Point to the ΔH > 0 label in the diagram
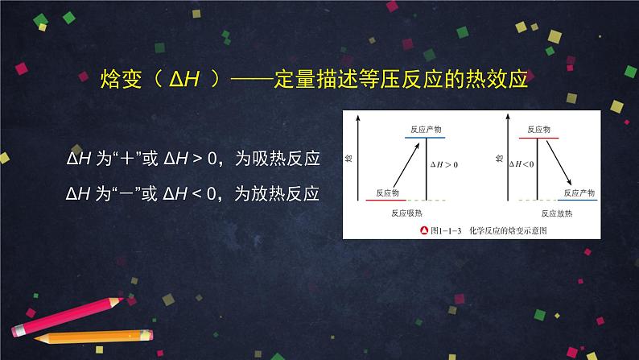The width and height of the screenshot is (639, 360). coord(443,164)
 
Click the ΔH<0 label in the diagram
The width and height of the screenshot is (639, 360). coord(523,164)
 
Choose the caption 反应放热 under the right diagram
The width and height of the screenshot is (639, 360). coord(557,214)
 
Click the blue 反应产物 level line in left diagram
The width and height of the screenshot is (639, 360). coord(425,138)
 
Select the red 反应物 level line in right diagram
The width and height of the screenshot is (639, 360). coord(538,138)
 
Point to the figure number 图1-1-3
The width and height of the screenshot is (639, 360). coord(446,230)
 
